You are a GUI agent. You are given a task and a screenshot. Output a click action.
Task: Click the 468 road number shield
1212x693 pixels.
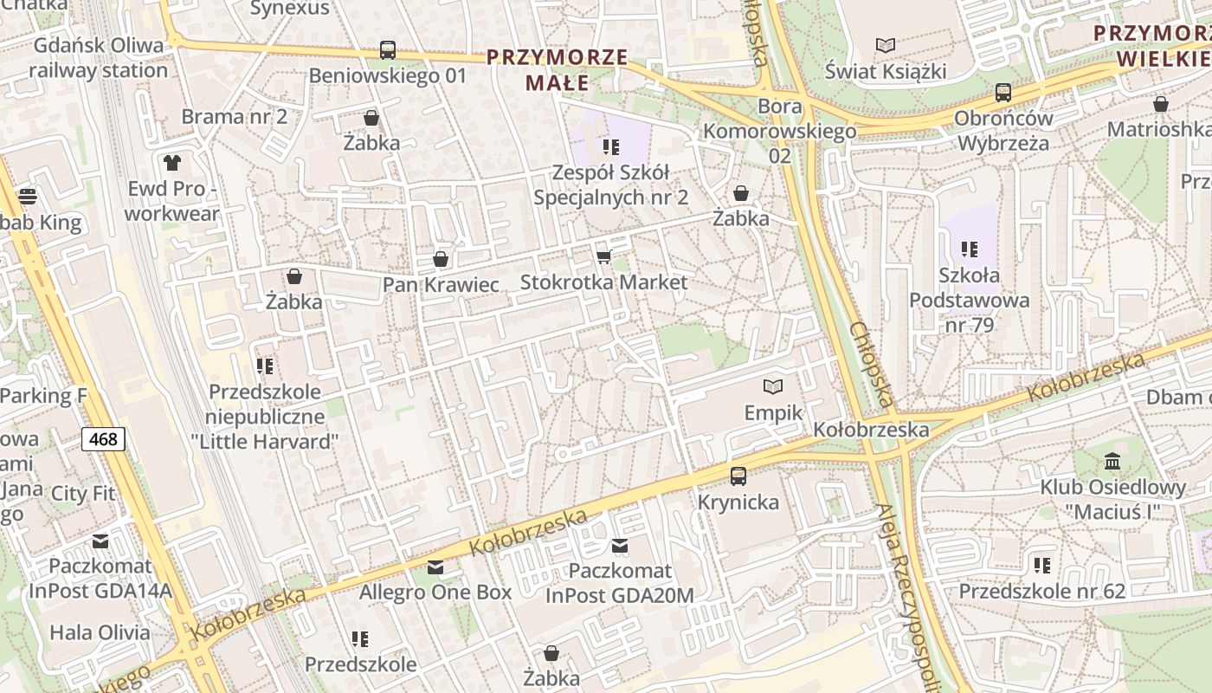pyautogui.click(x=103, y=439)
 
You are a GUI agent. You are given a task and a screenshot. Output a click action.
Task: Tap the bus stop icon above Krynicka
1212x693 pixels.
pyautogui.click(x=738, y=476)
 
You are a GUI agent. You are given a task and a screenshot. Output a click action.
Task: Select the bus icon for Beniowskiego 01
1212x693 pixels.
pyautogui.click(x=387, y=50)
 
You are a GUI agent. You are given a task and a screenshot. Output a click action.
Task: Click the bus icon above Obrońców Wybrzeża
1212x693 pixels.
pyautogui.click(x=1003, y=92)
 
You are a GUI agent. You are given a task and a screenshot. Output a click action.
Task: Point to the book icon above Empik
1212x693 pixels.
pyautogui.click(x=773, y=386)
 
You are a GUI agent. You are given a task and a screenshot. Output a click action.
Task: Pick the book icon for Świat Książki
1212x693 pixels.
pyautogui.click(x=885, y=45)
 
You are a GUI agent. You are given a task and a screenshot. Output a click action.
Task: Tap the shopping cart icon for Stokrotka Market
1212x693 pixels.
pyautogui.click(x=604, y=256)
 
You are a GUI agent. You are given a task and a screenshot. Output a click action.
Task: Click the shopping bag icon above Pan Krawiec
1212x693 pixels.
pyautogui.click(x=441, y=259)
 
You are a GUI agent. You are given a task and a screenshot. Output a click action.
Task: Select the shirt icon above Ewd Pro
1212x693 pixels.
pyautogui.click(x=171, y=162)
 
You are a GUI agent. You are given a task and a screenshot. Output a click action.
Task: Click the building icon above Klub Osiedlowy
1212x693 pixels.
pyautogui.click(x=1112, y=461)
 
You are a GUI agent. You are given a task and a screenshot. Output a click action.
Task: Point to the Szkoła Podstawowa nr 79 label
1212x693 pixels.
pyautogui.click(x=969, y=300)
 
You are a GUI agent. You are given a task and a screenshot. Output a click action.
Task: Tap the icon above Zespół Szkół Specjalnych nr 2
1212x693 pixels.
pyautogui.click(x=611, y=147)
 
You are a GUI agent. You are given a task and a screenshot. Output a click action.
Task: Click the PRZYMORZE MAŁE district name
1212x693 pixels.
pyautogui.click(x=557, y=70)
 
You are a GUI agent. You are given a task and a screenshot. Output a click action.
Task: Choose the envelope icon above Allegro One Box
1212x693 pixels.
pyautogui.click(x=435, y=567)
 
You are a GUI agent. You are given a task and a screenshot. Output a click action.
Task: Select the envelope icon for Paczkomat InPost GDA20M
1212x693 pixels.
pyautogui.click(x=620, y=546)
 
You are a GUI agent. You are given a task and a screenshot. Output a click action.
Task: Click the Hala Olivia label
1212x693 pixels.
pyautogui.click(x=100, y=631)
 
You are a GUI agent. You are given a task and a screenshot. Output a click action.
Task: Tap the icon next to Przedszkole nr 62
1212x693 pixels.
pyautogui.click(x=1042, y=566)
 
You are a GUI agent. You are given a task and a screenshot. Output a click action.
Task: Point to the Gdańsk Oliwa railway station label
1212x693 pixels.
pyautogui.click(x=99, y=58)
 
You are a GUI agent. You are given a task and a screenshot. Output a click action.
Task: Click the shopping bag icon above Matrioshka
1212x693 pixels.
pyautogui.click(x=1160, y=104)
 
